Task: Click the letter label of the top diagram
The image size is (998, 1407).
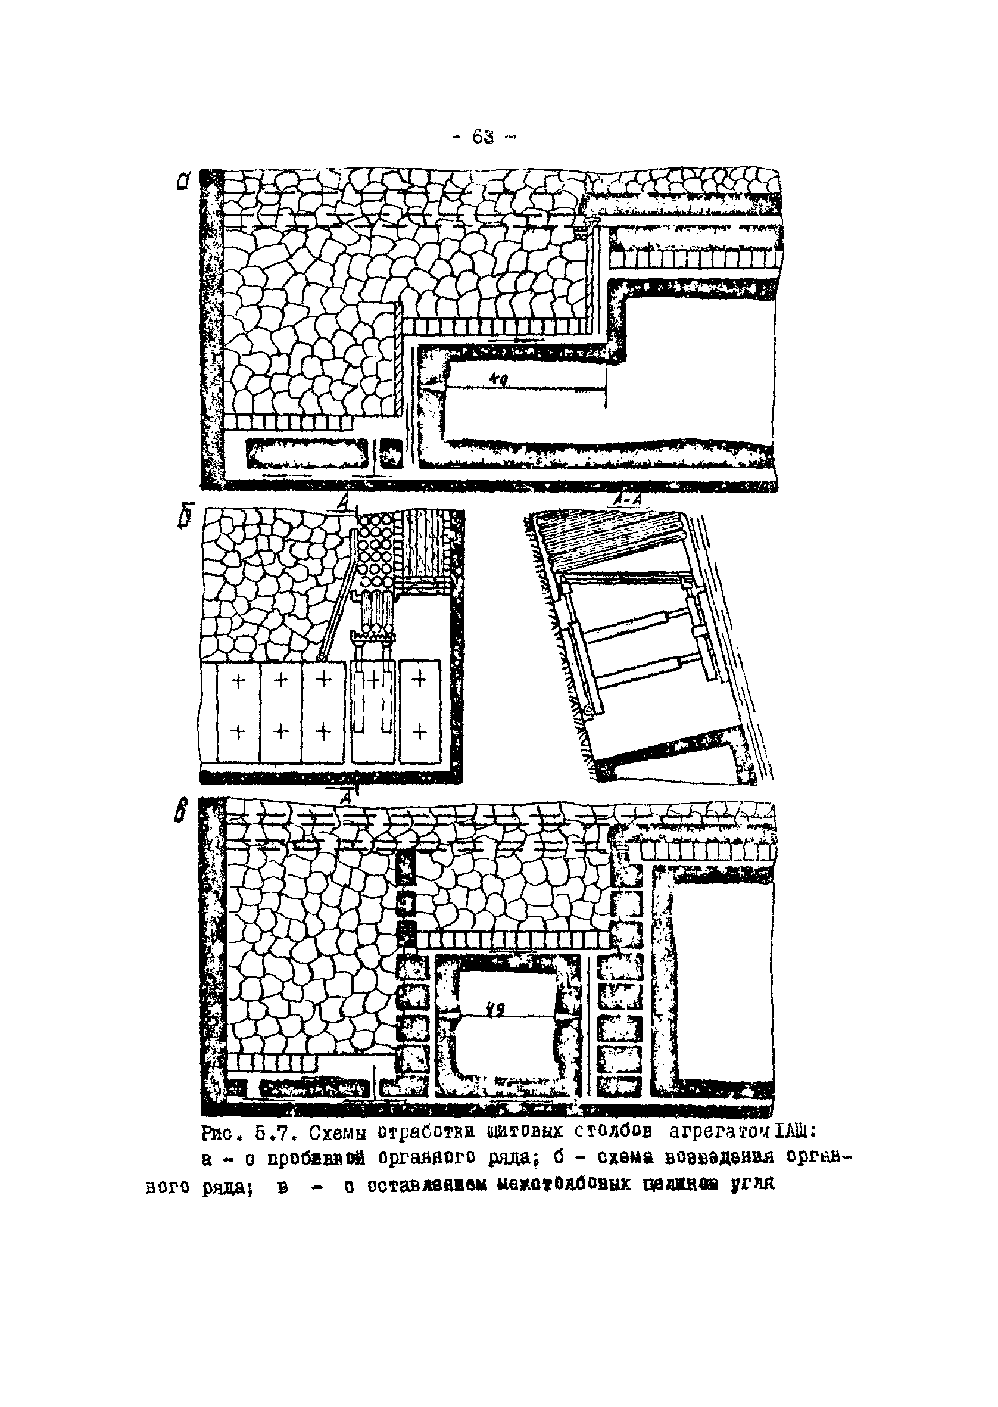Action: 183,180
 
